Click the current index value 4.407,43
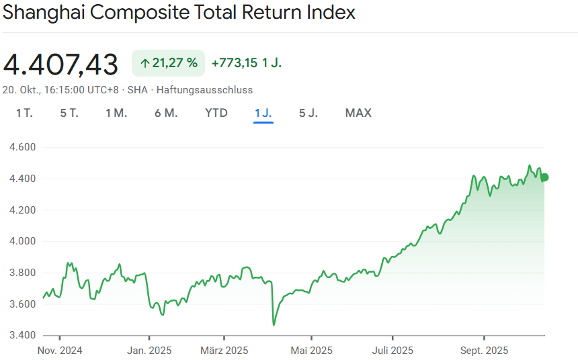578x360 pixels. pyautogui.click(x=61, y=64)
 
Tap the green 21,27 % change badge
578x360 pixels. pyautogui.click(x=169, y=63)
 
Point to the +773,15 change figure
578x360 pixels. pyautogui.click(x=234, y=63)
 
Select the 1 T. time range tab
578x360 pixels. pyautogui.click(x=24, y=113)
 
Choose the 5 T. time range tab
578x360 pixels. pyautogui.click(x=69, y=113)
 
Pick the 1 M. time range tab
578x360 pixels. pyautogui.click(x=116, y=113)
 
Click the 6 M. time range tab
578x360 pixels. pyautogui.click(x=166, y=113)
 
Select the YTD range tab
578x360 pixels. pyautogui.click(x=216, y=113)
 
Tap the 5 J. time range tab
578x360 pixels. pyautogui.click(x=308, y=113)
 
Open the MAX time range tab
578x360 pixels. pyautogui.click(x=358, y=113)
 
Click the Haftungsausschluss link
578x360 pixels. pyautogui.click(x=205, y=90)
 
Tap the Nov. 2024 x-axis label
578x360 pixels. pyautogui.click(x=59, y=350)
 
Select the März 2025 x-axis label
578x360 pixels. pyautogui.click(x=224, y=350)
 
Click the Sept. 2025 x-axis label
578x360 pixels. pyautogui.click(x=484, y=350)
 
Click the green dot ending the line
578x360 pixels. pyautogui.click(x=544, y=177)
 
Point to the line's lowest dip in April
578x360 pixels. pyautogui.click(x=274, y=325)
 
